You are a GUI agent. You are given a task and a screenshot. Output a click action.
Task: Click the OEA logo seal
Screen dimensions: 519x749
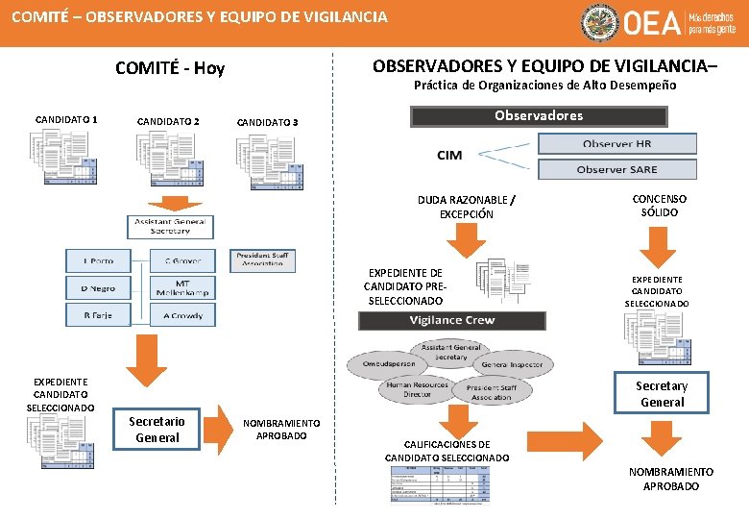(x=601, y=23)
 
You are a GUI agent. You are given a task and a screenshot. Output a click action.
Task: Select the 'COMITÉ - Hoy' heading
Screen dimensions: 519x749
(x=170, y=67)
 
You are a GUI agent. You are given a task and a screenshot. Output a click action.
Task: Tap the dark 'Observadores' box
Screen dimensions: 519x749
(x=539, y=116)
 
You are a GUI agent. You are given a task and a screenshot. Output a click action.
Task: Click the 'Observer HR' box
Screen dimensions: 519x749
(x=616, y=143)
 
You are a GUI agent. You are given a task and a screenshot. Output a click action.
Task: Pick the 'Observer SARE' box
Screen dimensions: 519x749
(x=616, y=169)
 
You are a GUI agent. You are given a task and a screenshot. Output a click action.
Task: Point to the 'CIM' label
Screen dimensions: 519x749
(x=449, y=156)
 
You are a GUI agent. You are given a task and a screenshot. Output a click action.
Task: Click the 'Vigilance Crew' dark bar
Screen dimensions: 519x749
(x=451, y=320)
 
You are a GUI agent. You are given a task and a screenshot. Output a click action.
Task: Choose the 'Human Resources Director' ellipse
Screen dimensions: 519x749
(x=417, y=390)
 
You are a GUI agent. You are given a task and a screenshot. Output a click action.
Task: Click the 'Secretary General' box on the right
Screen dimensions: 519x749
(x=662, y=394)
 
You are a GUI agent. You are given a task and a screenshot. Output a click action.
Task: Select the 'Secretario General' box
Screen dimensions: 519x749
(x=157, y=430)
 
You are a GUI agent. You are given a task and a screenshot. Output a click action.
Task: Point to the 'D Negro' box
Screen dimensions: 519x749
(x=98, y=287)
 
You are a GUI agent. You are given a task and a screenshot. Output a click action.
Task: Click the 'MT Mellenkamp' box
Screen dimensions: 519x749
(x=181, y=287)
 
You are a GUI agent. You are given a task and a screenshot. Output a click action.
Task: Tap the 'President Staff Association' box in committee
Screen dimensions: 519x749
(x=262, y=260)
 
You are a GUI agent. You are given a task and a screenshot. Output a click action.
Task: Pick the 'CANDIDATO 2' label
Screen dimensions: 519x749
(x=168, y=122)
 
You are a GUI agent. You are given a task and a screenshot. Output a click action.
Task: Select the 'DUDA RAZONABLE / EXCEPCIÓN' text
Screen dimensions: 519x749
(x=467, y=207)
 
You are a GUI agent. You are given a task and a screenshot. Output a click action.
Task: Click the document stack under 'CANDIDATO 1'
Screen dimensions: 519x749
(x=66, y=157)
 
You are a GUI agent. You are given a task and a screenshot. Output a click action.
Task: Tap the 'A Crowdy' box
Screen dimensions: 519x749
(x=181, y=315)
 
